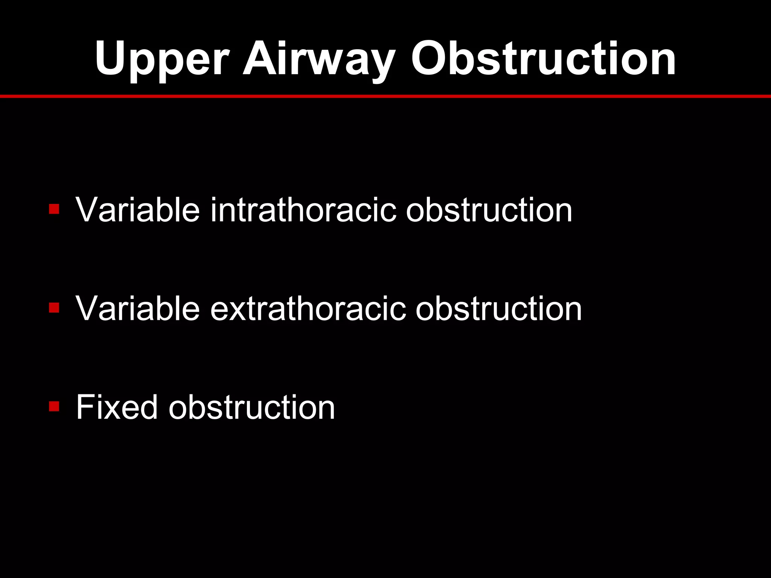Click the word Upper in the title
162,60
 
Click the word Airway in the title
318,60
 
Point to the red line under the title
385,96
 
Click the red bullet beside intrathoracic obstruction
54,209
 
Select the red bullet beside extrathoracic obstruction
54,308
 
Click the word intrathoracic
303,210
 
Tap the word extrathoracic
308,309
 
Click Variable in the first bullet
138,210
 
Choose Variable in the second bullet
138,309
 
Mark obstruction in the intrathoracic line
489,210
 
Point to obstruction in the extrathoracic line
498,309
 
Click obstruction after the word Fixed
251,407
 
